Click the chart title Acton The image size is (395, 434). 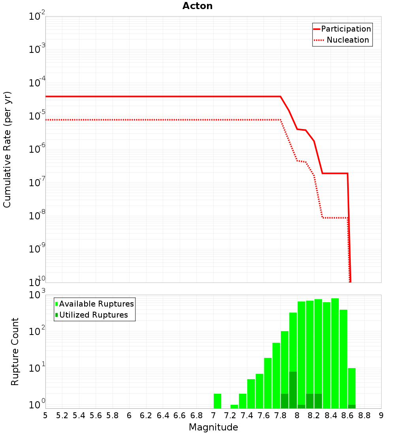click(x=197, y=6)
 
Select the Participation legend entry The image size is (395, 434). click(x=346, y=29)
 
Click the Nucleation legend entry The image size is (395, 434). click(x=347, y=40)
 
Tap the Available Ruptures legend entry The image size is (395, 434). click(x=96, y=304)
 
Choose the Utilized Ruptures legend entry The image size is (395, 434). click(x=93, y=315)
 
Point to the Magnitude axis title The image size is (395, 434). click(x=213, y=427)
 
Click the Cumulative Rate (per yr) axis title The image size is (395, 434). click(x=7, y=149)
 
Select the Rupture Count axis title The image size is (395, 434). click(x=15, y=352)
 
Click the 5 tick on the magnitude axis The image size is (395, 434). click(x=45, y=415)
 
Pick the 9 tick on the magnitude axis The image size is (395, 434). click(x=381, y=415)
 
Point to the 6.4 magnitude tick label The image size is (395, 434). click(x=163, y=415)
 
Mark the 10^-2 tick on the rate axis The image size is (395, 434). click(x=37, y=17)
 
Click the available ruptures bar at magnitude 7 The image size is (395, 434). click(x=217, y=401)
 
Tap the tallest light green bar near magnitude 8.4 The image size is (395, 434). click(x=335, y=353)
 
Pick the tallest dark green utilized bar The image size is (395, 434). click(x=293, y=390)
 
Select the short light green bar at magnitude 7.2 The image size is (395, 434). click(x=234, y=406)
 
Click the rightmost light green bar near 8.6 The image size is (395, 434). click(x=352, y=387)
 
